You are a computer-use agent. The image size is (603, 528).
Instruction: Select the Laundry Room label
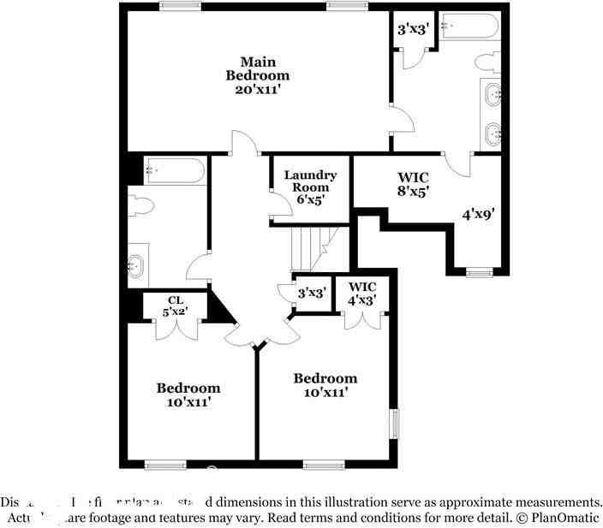tap(310, 181)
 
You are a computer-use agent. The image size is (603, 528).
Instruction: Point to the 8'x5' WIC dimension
tap(413, 192)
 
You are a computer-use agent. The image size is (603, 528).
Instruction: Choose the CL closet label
tap(176, 300)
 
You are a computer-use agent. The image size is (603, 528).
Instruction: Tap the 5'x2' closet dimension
tap(176, 312)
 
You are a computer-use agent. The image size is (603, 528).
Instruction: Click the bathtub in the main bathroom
tap(470, 27)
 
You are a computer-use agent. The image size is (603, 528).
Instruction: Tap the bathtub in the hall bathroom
tap(175, 170)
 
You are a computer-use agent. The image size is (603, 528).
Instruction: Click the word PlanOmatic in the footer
tap(567, 519)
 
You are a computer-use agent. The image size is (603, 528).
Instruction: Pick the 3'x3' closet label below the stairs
tap(311, 293)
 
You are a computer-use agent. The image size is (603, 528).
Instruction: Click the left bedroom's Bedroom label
tap(188, 388)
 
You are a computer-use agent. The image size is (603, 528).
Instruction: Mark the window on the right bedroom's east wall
tap(395, 423)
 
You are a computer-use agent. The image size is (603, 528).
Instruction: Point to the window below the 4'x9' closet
tap(479, 273)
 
